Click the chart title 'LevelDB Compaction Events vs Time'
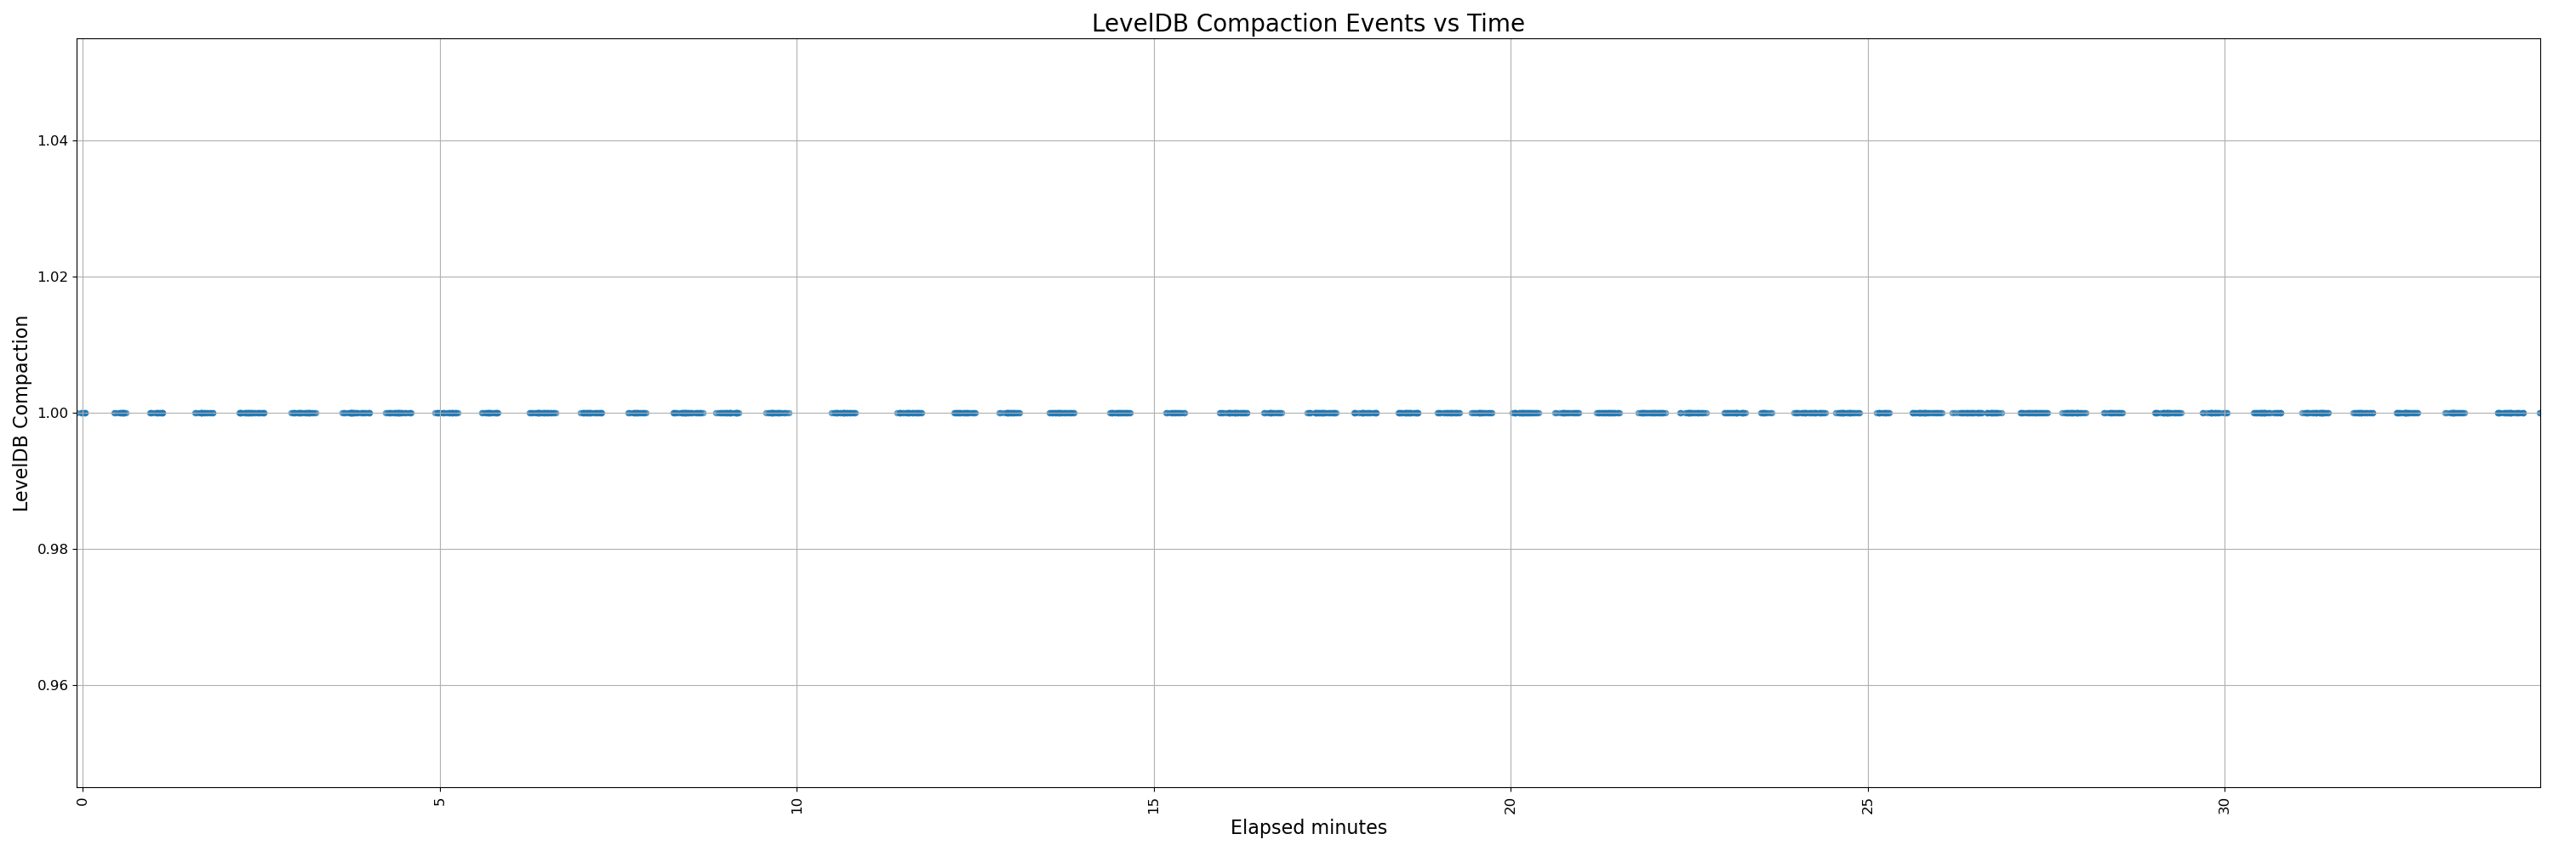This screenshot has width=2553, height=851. (1307, 23)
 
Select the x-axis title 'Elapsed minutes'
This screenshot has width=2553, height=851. (1308, 827)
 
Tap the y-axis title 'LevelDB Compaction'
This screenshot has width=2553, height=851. (20, 413)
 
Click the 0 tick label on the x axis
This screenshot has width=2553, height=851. (83, 801)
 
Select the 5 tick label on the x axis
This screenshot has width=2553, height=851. (440, 801)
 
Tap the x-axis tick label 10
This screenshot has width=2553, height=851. (797, 804)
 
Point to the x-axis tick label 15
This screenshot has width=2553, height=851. (1154, 804)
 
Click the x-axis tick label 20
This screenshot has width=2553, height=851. (1511, 804)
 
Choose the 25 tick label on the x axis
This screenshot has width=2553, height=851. (1868, 804)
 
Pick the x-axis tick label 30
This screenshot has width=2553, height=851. (2225, 804)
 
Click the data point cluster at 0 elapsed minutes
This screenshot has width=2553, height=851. (83, 413)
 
